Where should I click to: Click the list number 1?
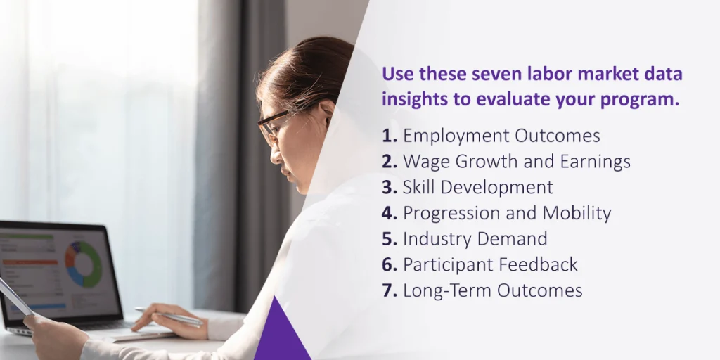pyautogui.click(x=389, y=136)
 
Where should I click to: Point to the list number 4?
pyautogui.click(x=389, y=213)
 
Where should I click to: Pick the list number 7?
pyautogui.click(x=389, y=290)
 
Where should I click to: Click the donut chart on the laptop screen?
pyautogui.click(x=84, y=264)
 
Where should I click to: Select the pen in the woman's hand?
pyautogui.click(x=169, y=316)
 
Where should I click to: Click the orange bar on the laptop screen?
pyautogui.click(x=30, y=262)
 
